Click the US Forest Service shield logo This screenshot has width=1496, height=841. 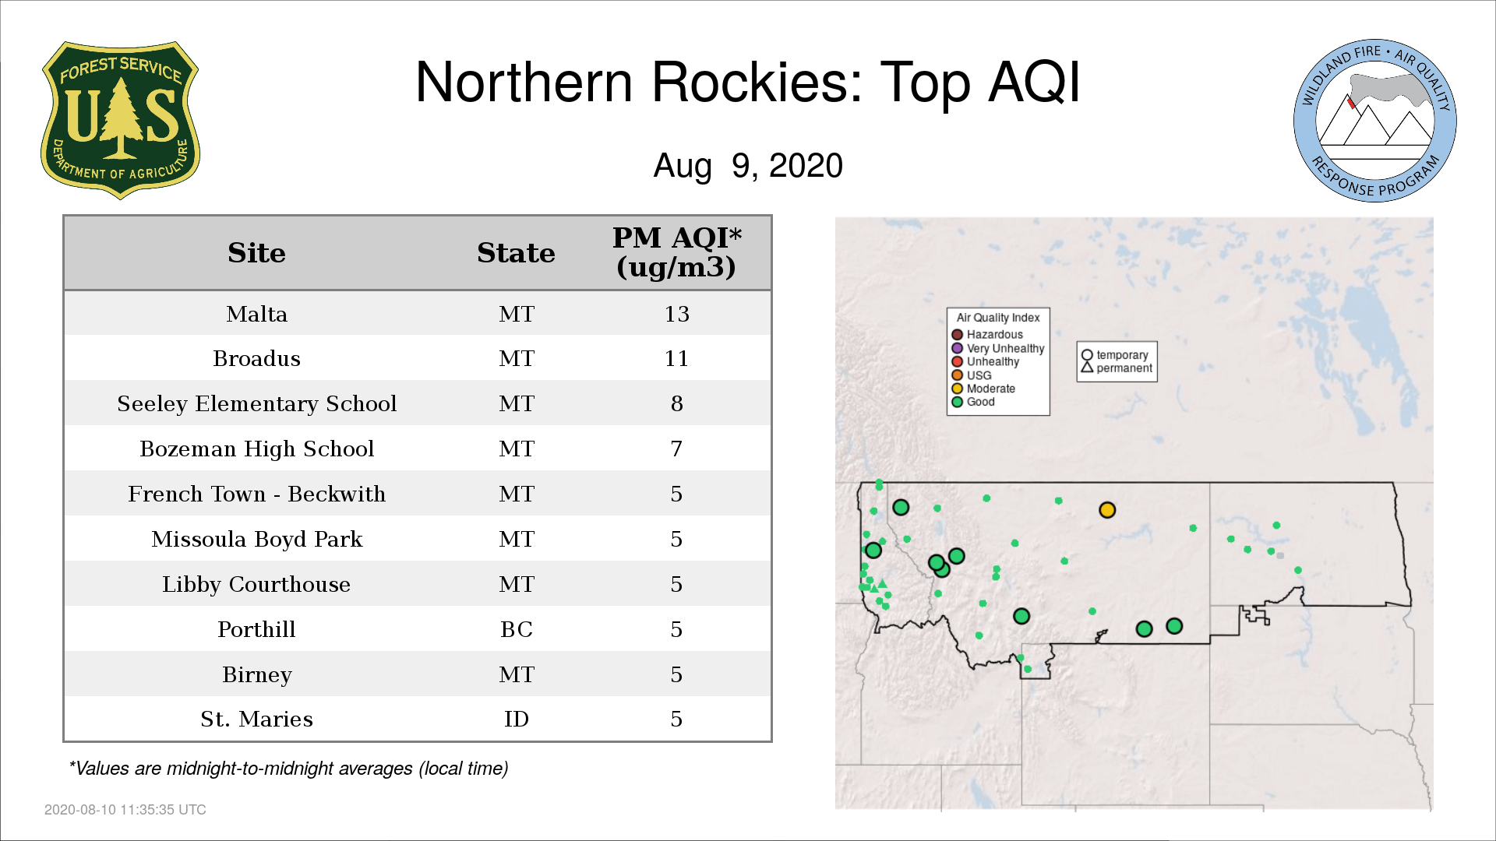tap(120, 120)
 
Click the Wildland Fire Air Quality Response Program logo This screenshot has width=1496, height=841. tap(1375, 121)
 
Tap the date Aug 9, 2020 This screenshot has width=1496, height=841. tap(748, 166)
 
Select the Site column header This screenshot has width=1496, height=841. tap(256, 253)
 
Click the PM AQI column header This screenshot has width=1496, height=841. tap(676, 252)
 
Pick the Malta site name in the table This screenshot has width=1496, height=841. tap(256, 314)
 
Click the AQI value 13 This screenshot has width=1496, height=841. tap(676, 314)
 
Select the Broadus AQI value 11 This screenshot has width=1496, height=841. tap(676, 359)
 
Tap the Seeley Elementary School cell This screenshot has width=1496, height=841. tap(256, 403)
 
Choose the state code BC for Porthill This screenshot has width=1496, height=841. tap(517, 629)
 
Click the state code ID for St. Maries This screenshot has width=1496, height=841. tap(517, 719)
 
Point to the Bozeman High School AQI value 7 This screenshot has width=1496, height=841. tap(676, 449)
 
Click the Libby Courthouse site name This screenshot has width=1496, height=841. tap(256, 584)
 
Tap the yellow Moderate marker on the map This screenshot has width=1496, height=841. tap(1107, 510)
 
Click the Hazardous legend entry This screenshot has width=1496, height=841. tap(988, 335)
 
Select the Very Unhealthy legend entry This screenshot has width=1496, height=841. tap(998, 348)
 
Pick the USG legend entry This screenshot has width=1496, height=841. tap(972, 375)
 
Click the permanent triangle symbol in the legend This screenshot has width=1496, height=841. tap(1087, 367)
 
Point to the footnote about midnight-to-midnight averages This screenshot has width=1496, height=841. tap(288, 769)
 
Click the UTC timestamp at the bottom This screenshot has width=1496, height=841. tap(125, 810)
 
